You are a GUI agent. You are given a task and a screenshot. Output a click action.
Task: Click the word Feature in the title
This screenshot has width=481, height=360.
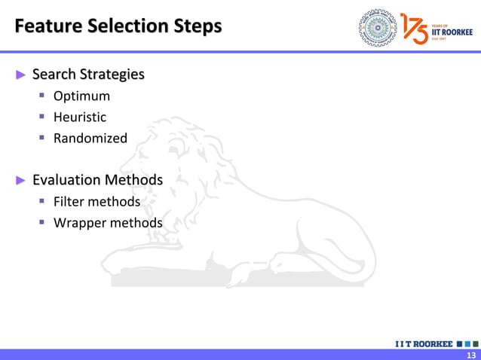[x=47, y=26]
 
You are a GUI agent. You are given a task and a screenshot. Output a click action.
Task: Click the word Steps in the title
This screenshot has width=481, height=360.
[x=194, y=26]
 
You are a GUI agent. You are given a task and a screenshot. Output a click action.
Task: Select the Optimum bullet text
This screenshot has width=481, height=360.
[x=81, y=96]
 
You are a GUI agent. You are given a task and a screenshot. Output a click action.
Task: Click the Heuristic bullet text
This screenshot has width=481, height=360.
[x=80, y=117]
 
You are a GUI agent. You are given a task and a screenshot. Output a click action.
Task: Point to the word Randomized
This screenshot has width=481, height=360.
[x=90, y=139]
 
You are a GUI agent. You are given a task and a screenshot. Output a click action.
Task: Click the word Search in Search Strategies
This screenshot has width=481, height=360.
[x=55, y=75]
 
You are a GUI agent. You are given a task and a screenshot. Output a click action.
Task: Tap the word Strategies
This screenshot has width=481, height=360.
[x=113, y=75]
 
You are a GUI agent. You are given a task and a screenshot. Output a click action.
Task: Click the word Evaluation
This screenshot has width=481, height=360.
[x=66, y=180]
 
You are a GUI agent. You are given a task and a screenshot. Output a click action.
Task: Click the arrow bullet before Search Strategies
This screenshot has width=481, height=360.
[x=21, y=75]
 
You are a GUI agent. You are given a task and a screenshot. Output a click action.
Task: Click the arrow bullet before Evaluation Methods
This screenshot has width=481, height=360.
[x=21, y=180]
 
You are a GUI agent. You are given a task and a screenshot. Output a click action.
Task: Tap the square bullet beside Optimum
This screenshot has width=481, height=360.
[x=44, y=96]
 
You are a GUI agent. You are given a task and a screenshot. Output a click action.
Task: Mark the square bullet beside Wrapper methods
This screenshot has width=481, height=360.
[x=44, y=223]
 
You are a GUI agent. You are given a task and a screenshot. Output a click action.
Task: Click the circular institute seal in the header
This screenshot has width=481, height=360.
[x=377, y=27]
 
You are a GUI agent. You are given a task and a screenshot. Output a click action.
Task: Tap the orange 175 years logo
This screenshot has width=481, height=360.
[x=415, y=27]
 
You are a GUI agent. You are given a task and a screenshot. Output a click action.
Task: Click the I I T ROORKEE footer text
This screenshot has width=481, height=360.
[x=424, y=344]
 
